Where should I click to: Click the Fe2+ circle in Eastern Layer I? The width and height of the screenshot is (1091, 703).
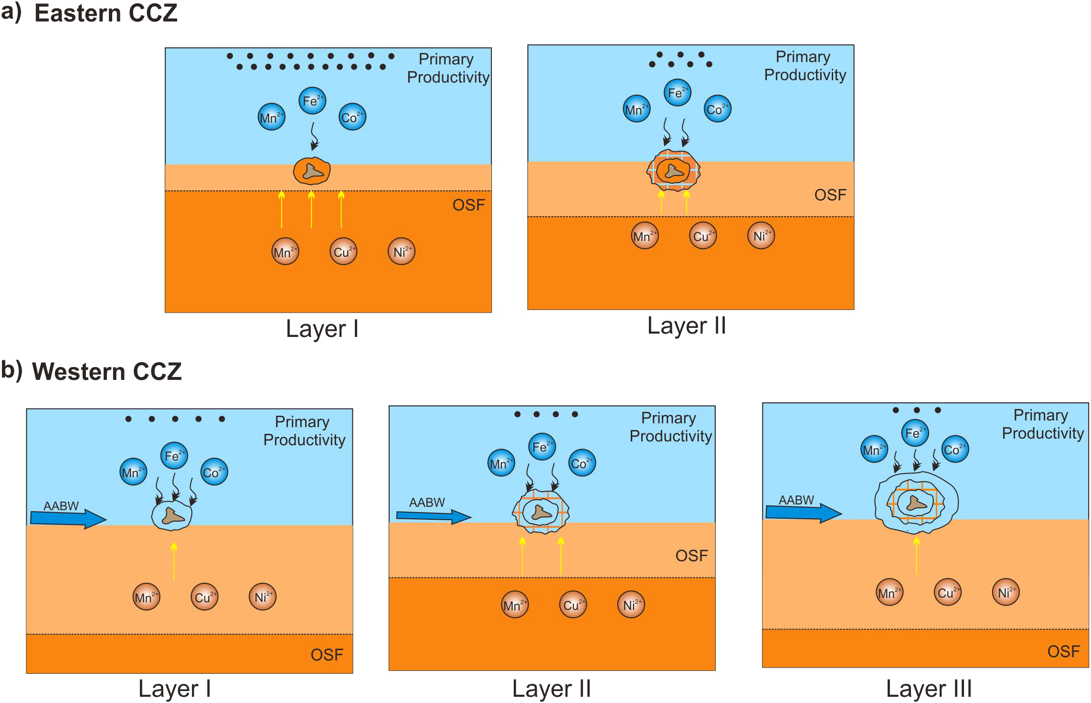point(312,101)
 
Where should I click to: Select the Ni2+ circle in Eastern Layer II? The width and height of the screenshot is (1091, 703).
point(761,236)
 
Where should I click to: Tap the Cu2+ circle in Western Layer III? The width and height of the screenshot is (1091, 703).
point(947,592)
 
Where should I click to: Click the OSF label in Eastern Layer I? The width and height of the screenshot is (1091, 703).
point(468,205)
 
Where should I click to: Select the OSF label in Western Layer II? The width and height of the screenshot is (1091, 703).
point(691,556)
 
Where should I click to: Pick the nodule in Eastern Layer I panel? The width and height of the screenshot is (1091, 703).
point(312,171)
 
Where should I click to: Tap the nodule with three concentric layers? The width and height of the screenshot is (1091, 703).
point(916,502)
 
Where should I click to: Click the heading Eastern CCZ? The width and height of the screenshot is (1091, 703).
point(106,13)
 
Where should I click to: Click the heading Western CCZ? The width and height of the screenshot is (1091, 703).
point(106,371)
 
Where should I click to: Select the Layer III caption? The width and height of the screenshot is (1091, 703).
point(928,689)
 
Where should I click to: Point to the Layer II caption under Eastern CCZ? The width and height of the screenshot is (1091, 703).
point(686,326)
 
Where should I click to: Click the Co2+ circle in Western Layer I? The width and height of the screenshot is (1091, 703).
point(214,472)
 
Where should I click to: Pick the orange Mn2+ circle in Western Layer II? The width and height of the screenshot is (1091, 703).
point(515,605)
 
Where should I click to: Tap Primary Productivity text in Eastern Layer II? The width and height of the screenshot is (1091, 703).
point(805,66)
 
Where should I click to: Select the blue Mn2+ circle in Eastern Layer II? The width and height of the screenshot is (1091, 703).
point(636,109)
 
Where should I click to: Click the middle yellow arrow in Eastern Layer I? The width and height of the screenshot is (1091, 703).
point(311,210)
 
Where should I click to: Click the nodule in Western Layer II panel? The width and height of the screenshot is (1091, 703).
point(541,512)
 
